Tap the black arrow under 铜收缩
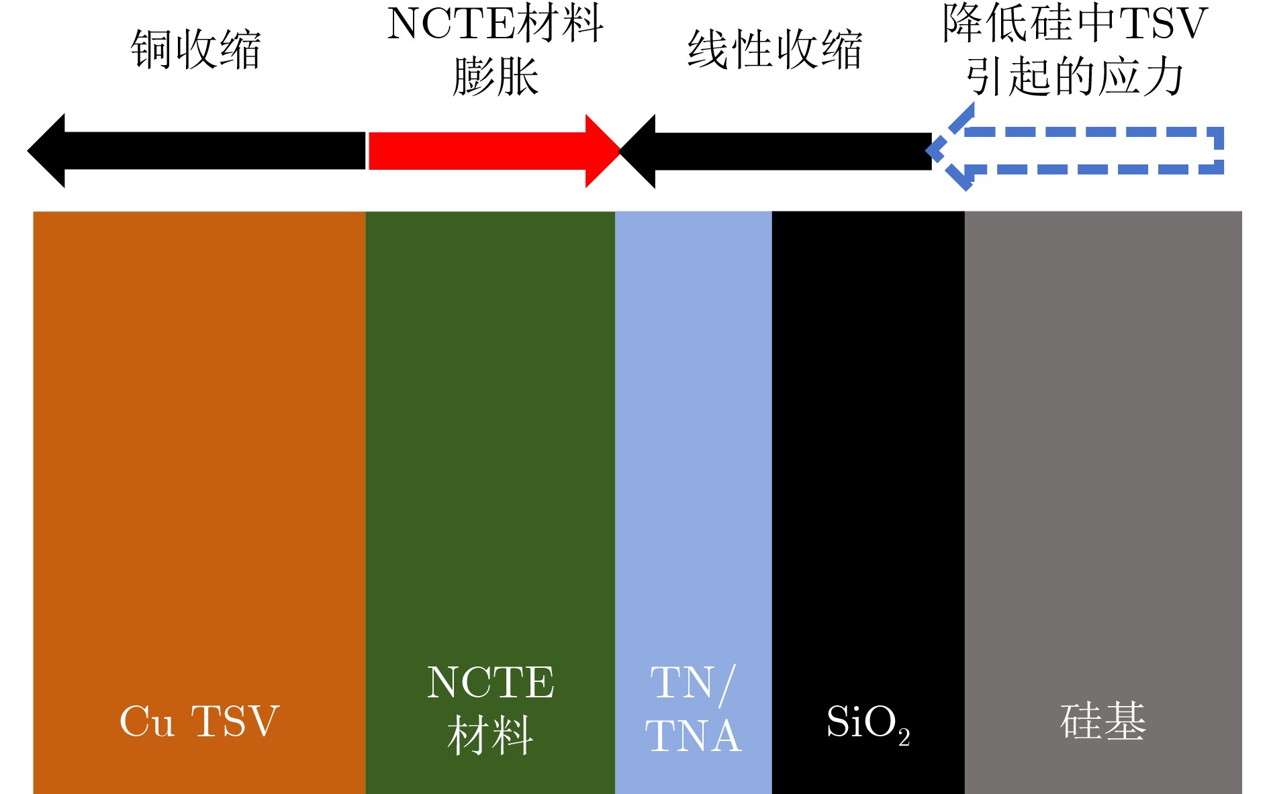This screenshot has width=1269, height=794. [x=201, y=150]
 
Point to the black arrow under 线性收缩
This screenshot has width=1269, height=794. [x=779, y=151]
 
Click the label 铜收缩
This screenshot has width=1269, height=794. [x=195, y=50]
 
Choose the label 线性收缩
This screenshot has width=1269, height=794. [x=775, y=50]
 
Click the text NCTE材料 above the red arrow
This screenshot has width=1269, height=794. [x=496, y=23]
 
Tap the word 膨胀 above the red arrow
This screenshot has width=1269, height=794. [x=496, y=77]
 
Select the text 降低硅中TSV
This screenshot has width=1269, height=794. [x=1075, y=23]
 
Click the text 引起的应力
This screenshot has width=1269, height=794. [x=1075, y=77]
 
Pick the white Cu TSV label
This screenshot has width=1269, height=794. [x=199, y=722]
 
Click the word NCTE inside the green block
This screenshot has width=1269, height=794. [x=490, y=683]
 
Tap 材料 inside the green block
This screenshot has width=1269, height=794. [x=490, y=736]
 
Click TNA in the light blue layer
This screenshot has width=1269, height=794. [x=693, y=736]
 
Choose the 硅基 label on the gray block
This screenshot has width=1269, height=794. [x=1103, y=722]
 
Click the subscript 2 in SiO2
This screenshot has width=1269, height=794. [x=904, y=737]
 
